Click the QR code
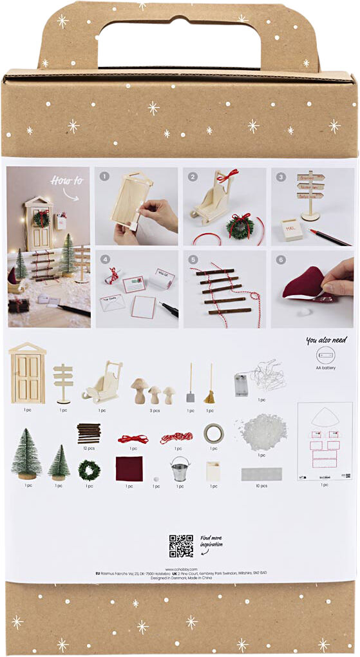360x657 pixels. point(181,546)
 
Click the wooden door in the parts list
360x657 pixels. point(28,373)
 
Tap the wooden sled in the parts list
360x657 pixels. point(103,382)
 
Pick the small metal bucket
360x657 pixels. point(180,469)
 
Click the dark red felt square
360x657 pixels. point(129,469)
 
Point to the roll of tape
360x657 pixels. point(213,433)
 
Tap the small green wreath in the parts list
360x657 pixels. point(90,470)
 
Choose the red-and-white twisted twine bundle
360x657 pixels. point(175,438)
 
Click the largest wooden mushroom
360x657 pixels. point(140,390)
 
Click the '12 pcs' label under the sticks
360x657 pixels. point(89,448)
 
